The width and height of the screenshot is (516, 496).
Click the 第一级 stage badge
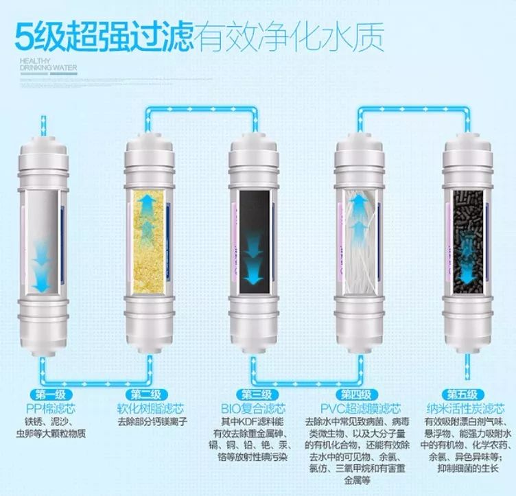click(51, 394)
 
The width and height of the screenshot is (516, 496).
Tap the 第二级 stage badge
click(145, 394)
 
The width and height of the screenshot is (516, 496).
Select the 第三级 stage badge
click(257, 394)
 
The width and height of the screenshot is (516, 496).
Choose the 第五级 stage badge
click(462, 394)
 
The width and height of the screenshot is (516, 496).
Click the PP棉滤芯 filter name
click(51, 409)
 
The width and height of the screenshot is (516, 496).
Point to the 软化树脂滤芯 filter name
click(150, 409)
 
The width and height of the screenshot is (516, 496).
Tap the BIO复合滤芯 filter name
click(253, 409)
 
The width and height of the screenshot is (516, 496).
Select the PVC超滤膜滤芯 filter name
click(361, 409)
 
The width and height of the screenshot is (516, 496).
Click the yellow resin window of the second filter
click(148, 241)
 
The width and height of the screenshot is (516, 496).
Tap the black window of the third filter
click(255, 241)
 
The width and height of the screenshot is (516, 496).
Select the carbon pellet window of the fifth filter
click(468, 241)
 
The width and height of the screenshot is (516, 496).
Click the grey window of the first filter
click(42, 241)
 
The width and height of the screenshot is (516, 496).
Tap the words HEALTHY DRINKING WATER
click(48, 64)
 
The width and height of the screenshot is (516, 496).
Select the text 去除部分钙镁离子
click(152, 422)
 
